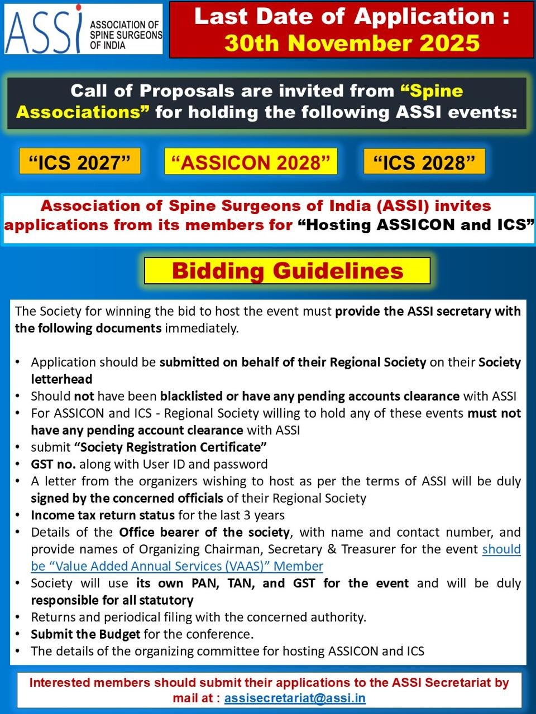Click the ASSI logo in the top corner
[x=84, y=29]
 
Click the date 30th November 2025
[x=352, y=43]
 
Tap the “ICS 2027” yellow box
[x=80, y=162]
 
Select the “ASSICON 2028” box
[x=251, y=162]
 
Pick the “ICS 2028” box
[x=424, y=162]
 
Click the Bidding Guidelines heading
[x=287, y=271]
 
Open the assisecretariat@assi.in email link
[x=295, y=698]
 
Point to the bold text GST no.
[x=54, y=464]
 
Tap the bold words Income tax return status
[x=103, y=515]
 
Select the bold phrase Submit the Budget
[x=85, y=634]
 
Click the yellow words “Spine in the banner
[x=432, y=91]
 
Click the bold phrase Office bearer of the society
[x=204, y=532]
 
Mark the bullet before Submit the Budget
[x=18, y=634]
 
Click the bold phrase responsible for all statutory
[x=112, y=600]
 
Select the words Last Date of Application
[x=352, y=17]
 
